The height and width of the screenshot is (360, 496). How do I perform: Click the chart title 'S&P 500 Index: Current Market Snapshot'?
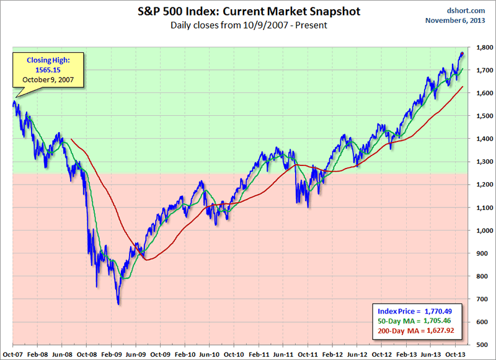click(x=248, y=12)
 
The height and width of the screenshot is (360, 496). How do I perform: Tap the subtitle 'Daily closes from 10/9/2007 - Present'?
click(x=248, y=25)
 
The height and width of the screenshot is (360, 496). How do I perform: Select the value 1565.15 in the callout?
click(x=45, y=70)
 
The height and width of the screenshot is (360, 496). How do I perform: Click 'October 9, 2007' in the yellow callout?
click(x=46, y=80)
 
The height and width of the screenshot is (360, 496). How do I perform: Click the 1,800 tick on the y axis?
click(x=483, y=47)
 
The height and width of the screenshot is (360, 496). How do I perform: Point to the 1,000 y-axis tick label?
click(x=483, y=230)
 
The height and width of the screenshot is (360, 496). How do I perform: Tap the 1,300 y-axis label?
click(x=483, y=162)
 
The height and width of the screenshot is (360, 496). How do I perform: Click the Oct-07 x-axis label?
click(x=13, y=353)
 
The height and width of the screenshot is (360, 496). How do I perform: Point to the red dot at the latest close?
click(x=462, y=54)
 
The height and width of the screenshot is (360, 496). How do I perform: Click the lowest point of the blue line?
click(x=118, y=304)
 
